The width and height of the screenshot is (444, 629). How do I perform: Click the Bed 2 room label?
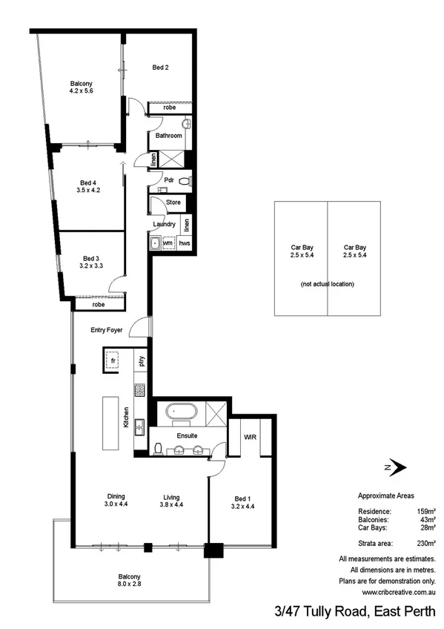tap(161, 67)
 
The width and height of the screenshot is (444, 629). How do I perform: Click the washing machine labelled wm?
tap(168, 243)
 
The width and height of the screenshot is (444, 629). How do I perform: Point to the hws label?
tap(185, 243)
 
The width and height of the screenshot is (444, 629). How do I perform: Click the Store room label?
tap(173, 202)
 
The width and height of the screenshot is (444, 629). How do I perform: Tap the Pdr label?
tap(169, 180)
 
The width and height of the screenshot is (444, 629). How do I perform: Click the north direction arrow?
tap(397, 467)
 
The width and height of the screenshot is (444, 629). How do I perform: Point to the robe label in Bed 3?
tap(99, 303)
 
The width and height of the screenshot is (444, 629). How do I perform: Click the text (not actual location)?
tap(328, 284)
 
